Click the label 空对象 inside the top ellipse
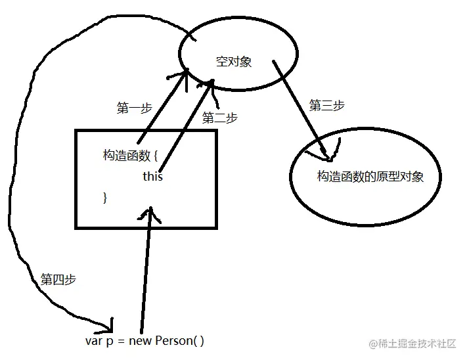pyautogui.click(x=234, y=62)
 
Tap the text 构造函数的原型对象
pyautogui.click(x=370, y=177)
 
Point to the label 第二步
pyautogui.click(x=220, y=118)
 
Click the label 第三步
pyautogui.click(x=326, y=105)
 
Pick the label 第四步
pyautogui.click(x=58, y=279)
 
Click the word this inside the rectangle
pyautogui.click(x=152, y=177)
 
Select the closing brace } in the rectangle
pyautogui.click(x=105, y=197)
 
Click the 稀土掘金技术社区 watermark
pyautogui.click(x=416, y=344)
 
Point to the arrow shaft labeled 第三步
pyautogui.click(x=299, y=108)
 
